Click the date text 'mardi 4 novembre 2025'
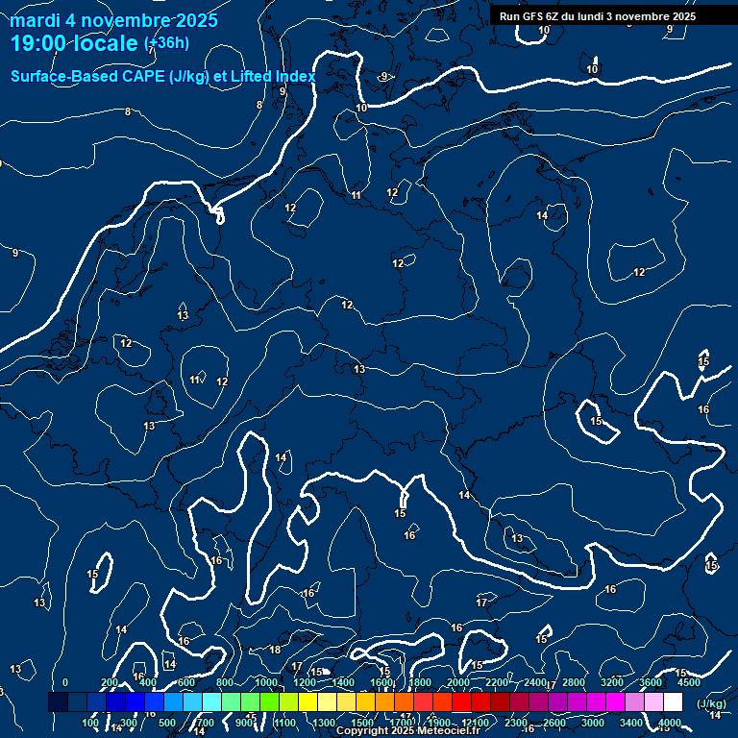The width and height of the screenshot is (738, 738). tap(114, 20)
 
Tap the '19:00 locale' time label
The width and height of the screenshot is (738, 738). tap(74, 43)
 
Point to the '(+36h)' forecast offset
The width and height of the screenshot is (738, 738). tap(166, 43)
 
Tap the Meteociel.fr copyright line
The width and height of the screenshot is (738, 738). tap(407, 731)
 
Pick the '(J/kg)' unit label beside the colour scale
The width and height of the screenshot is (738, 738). tap(711, 704)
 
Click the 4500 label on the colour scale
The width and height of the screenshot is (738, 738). tap(689, 682)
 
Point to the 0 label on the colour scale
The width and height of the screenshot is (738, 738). tap(65, 682)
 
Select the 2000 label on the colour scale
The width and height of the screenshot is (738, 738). tap(458, 682)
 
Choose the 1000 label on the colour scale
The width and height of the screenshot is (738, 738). tap(266, 682)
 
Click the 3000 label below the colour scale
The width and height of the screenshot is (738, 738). tap(593, 723)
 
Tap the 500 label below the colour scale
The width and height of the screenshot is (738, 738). tap(167, 723)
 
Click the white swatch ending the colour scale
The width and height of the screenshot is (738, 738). tap(673, 702)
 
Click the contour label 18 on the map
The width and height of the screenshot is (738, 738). tap(275, 650)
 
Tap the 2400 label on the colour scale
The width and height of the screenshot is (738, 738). tap(535, 682)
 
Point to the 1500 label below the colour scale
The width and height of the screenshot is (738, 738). tap(362, 723)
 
